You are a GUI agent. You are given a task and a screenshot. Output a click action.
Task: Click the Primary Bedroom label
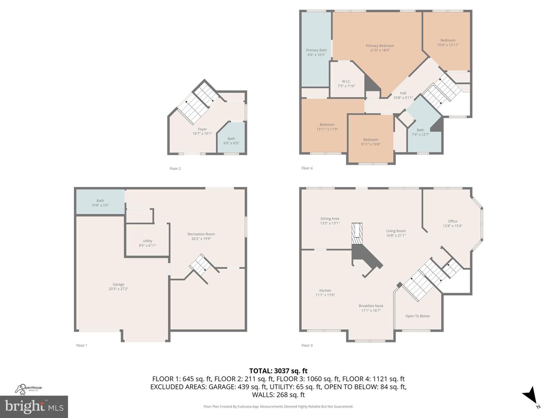pyautogui.click(x=379, y=48)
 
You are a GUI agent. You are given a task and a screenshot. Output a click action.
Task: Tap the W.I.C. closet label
pyautogui.click(x=346, y=84)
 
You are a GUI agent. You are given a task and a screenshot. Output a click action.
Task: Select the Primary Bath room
pyautogui.click(x=316, y=52)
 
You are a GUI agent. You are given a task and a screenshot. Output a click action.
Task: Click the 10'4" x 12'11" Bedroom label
pyautogui.click(x=448, y=43)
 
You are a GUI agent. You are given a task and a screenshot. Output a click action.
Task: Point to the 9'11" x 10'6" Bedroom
pyautogui.click(x=371, y=142)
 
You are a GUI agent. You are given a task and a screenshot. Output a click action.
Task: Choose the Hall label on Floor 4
pyautogui.click(x=403, y=95)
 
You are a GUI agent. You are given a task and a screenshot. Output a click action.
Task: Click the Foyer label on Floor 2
pyautogui.click(x=202, y=131)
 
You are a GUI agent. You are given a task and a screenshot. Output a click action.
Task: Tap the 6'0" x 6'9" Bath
pyautogui.click(x=231, y=140)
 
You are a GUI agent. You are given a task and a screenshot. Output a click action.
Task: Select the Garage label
pyautogui.click(x=118, y=286)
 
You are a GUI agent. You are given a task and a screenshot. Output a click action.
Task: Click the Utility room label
pyautogui.click(x=147, y=243)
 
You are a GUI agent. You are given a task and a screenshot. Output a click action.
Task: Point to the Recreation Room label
pyautogui.click(x=201, y=236)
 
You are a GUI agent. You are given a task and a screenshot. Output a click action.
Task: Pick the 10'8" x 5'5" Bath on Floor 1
pyautogui.click(x=100, y=202)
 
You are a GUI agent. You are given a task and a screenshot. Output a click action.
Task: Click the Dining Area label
pyautogui.click(x=330, y=221)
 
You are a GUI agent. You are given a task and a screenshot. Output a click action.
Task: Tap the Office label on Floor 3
pyautogui.click(x=452, y=223)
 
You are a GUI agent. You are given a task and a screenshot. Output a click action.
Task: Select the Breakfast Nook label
pyautogui.click(x=371, y=308)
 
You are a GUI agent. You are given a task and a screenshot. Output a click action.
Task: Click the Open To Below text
pyautogui.click(x=417, y=316)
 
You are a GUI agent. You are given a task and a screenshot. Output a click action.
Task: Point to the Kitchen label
pyautogui.click(x=325, y=293)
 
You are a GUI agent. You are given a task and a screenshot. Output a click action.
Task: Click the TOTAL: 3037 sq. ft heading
pyautogui.click(x=278, y=371)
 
